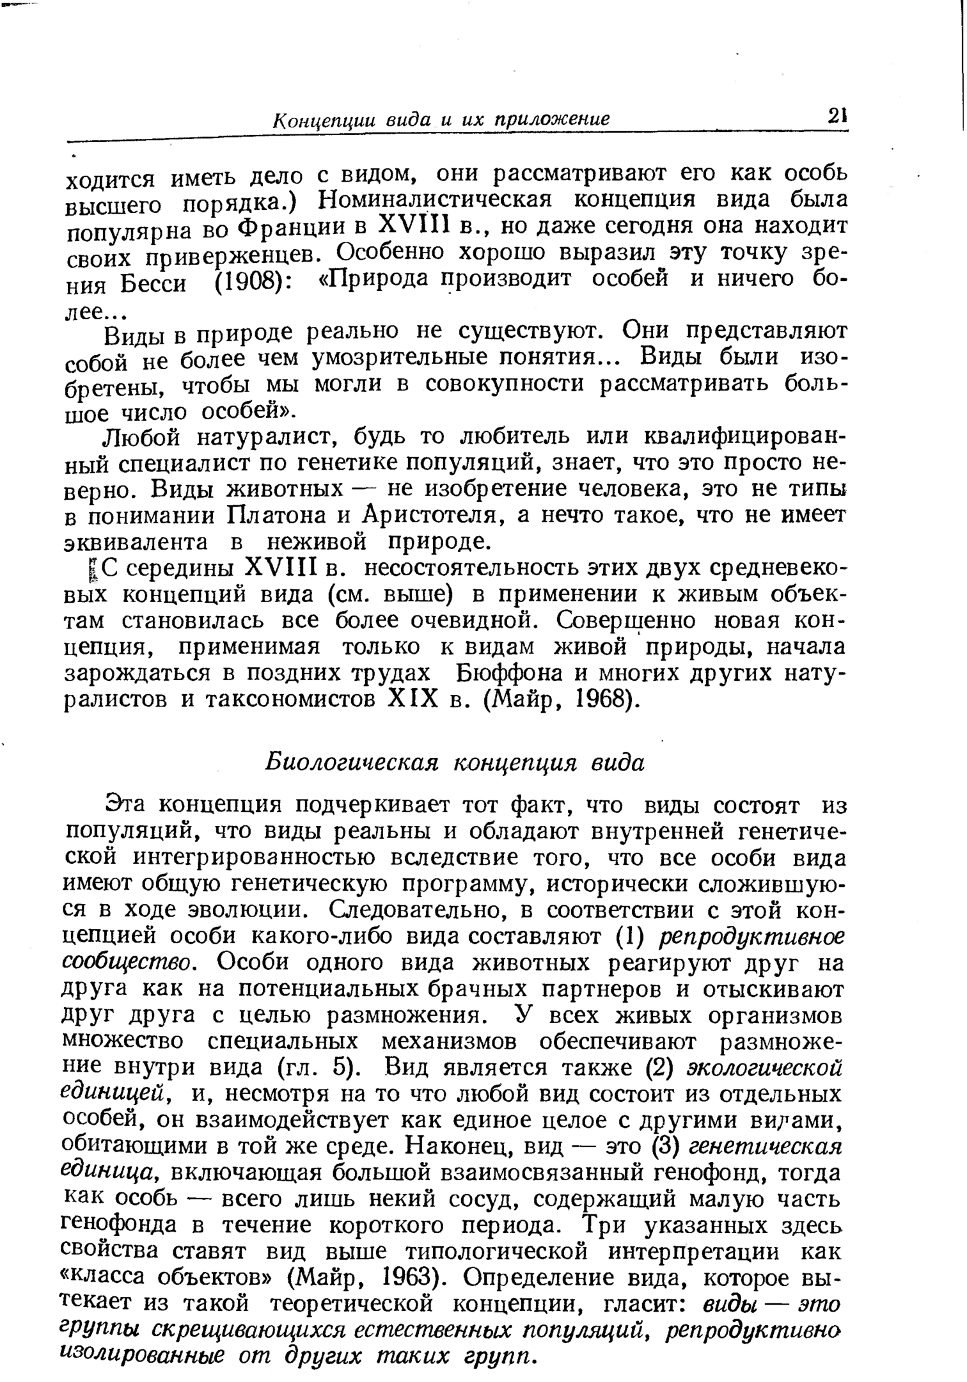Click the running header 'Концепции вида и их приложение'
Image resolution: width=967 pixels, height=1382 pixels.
tap(441, 120)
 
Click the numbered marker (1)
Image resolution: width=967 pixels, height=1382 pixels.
tap(630, 937)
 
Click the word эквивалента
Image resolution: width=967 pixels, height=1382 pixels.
tap(137, 543)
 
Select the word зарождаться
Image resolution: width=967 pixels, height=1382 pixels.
tap(140, 674)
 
